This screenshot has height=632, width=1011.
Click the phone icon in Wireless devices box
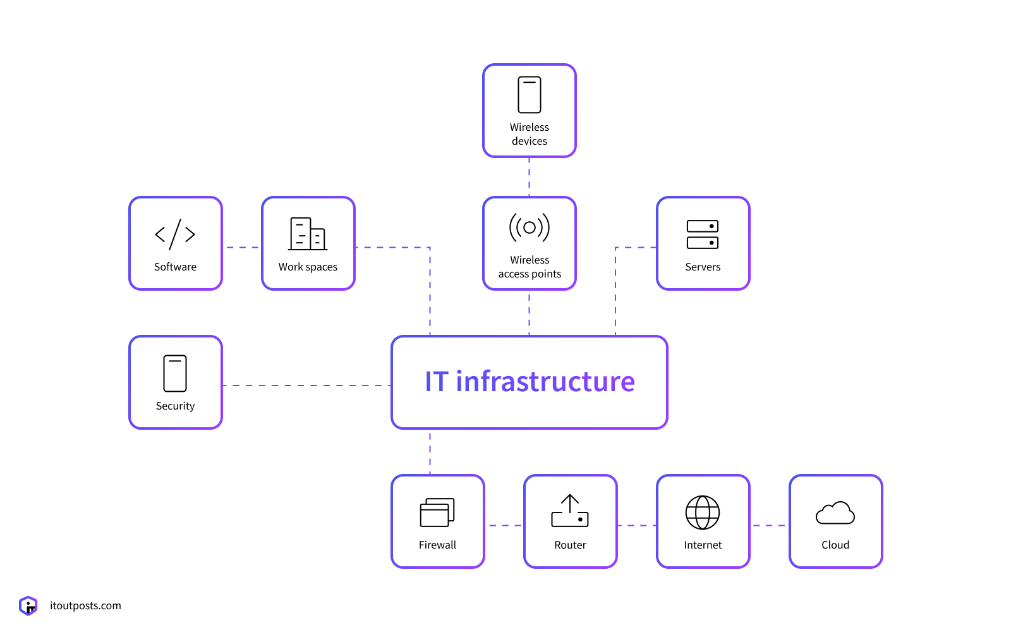point(530,95)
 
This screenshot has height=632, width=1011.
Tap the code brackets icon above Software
point(175,234)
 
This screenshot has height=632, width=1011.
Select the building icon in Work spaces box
point(308,234)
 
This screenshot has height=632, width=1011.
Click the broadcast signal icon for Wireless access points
point(530,228)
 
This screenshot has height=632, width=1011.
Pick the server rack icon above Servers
point(703,234)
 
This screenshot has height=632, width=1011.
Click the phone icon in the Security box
point(175,374)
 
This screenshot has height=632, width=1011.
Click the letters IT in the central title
point(437,382)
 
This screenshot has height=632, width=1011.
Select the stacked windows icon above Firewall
point(437,513)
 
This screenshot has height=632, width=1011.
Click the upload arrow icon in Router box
point(570,511)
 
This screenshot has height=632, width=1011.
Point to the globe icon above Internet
point(703,513)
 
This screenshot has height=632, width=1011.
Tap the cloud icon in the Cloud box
point(835,513)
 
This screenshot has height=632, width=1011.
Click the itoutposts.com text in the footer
point(85,605)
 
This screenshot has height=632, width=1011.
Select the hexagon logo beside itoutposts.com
point(28,605)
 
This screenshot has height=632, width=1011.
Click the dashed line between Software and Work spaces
point(242,247)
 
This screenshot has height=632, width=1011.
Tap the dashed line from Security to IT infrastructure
point(306,386)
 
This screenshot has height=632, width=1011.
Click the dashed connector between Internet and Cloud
point(769,525)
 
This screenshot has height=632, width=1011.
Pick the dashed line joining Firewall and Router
point(504,525)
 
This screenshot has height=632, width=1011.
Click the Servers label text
point(703,267)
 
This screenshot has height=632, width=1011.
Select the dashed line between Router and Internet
point(637,525)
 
